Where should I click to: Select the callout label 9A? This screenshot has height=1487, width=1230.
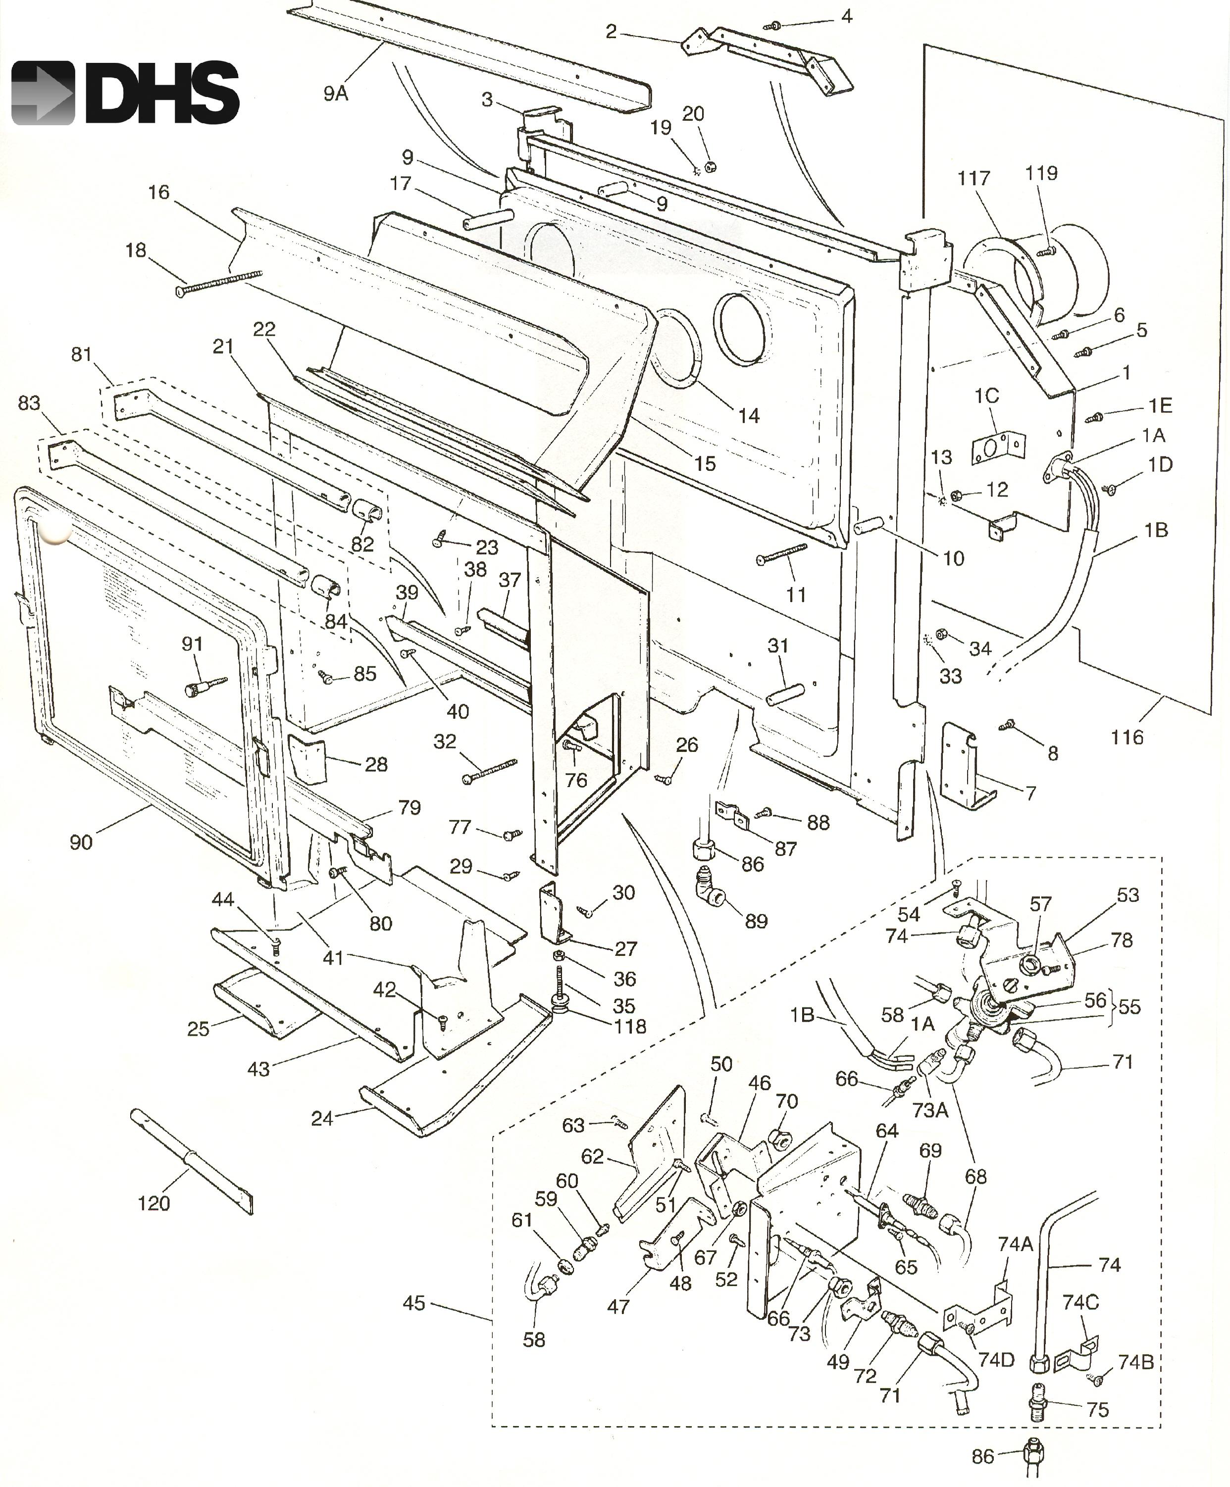pyautogui.click(x=336, y=93)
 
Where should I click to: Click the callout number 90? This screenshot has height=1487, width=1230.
pyautogui.click(x=81, y=842)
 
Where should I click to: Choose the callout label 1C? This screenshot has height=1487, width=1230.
pyautogui.click(x=987, y=396)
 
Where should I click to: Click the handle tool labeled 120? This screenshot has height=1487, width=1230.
pyautogui.click(x=191, y=1162)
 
